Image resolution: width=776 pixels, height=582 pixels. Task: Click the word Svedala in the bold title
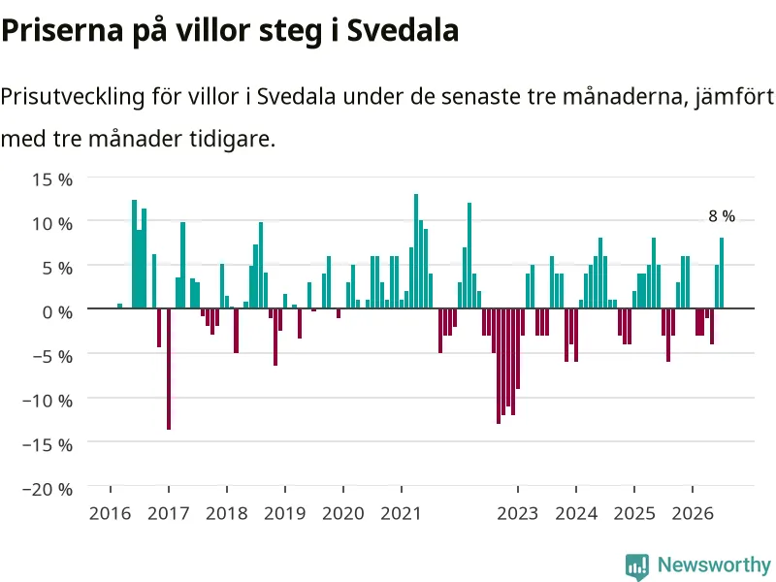point(403,30)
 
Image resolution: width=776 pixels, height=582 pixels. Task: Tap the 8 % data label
point(722,216)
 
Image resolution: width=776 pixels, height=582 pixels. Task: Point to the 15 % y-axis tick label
point(52,179)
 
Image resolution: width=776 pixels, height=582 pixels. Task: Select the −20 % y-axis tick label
point(48,490)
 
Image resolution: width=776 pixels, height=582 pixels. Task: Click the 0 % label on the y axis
point(57,312)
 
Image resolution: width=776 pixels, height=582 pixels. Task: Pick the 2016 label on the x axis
point(110,514)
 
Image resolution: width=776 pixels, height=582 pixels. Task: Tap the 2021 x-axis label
point(401,514)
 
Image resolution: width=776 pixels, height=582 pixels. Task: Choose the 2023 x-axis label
point(518,514)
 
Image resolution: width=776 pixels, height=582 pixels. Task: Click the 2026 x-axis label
point(693,514)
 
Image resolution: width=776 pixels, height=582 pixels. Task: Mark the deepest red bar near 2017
point(169,369)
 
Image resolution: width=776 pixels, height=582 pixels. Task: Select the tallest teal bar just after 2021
point(416,251)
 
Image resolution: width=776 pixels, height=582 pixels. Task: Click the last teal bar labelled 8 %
point(722,273)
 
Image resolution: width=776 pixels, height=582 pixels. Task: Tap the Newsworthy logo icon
point(637,566)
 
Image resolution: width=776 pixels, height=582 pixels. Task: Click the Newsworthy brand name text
point(714,565)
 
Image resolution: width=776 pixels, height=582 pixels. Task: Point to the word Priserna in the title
point(62,30)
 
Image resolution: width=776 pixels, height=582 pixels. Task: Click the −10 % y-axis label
point(48,401)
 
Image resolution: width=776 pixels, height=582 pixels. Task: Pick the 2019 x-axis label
point(284,514)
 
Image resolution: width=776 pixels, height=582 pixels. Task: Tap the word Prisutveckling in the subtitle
point(73,96)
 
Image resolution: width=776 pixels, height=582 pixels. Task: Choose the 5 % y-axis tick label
point(57,269)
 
